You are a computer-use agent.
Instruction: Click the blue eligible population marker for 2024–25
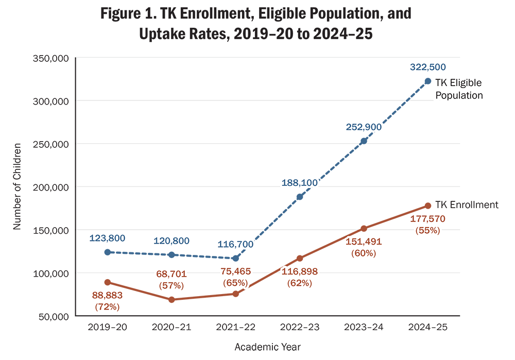(x=427, y=81)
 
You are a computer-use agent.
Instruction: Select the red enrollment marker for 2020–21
(x=171, y=299)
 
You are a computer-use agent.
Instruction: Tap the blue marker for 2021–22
(x=235, y=258)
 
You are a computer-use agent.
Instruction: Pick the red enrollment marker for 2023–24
(x=364, y=228)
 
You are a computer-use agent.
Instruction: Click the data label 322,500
(x=427, y=67)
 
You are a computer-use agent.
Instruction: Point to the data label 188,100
(x=299, y=182)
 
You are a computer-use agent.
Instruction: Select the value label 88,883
(x=107, y=296)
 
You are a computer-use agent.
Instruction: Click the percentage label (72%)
(x=107, y=306)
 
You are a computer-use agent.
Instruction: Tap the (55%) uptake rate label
(x=427, y=230)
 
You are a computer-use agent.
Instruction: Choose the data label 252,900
(x=364, y=127)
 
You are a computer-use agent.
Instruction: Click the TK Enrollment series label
(x=467, y=205)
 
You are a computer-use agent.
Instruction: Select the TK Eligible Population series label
(x=459, y=89)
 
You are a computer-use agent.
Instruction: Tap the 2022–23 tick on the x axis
(x=299, y=327)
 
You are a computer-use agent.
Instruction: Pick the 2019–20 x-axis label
(x=107, y=327)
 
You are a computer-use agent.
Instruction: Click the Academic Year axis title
(x=267, y=347)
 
